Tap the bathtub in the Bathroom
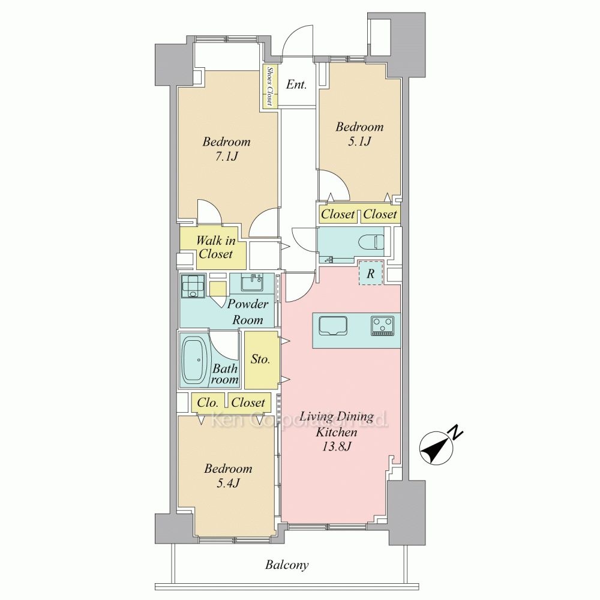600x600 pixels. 194,360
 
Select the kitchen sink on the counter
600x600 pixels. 333,326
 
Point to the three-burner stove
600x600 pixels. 382,326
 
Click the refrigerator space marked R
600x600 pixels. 370,273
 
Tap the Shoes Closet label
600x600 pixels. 270,86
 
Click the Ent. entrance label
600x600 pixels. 296,84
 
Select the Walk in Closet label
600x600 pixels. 215,247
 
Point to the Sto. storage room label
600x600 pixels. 260,359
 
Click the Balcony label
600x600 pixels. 287,565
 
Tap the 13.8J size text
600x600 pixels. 337,446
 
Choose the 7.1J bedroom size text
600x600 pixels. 227,157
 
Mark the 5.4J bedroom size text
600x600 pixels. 228,483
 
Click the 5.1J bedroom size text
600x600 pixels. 359,142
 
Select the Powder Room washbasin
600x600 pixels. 252,283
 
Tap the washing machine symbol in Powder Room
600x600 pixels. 193,286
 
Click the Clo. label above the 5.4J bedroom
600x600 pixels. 208,403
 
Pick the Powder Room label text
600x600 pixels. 248,312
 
